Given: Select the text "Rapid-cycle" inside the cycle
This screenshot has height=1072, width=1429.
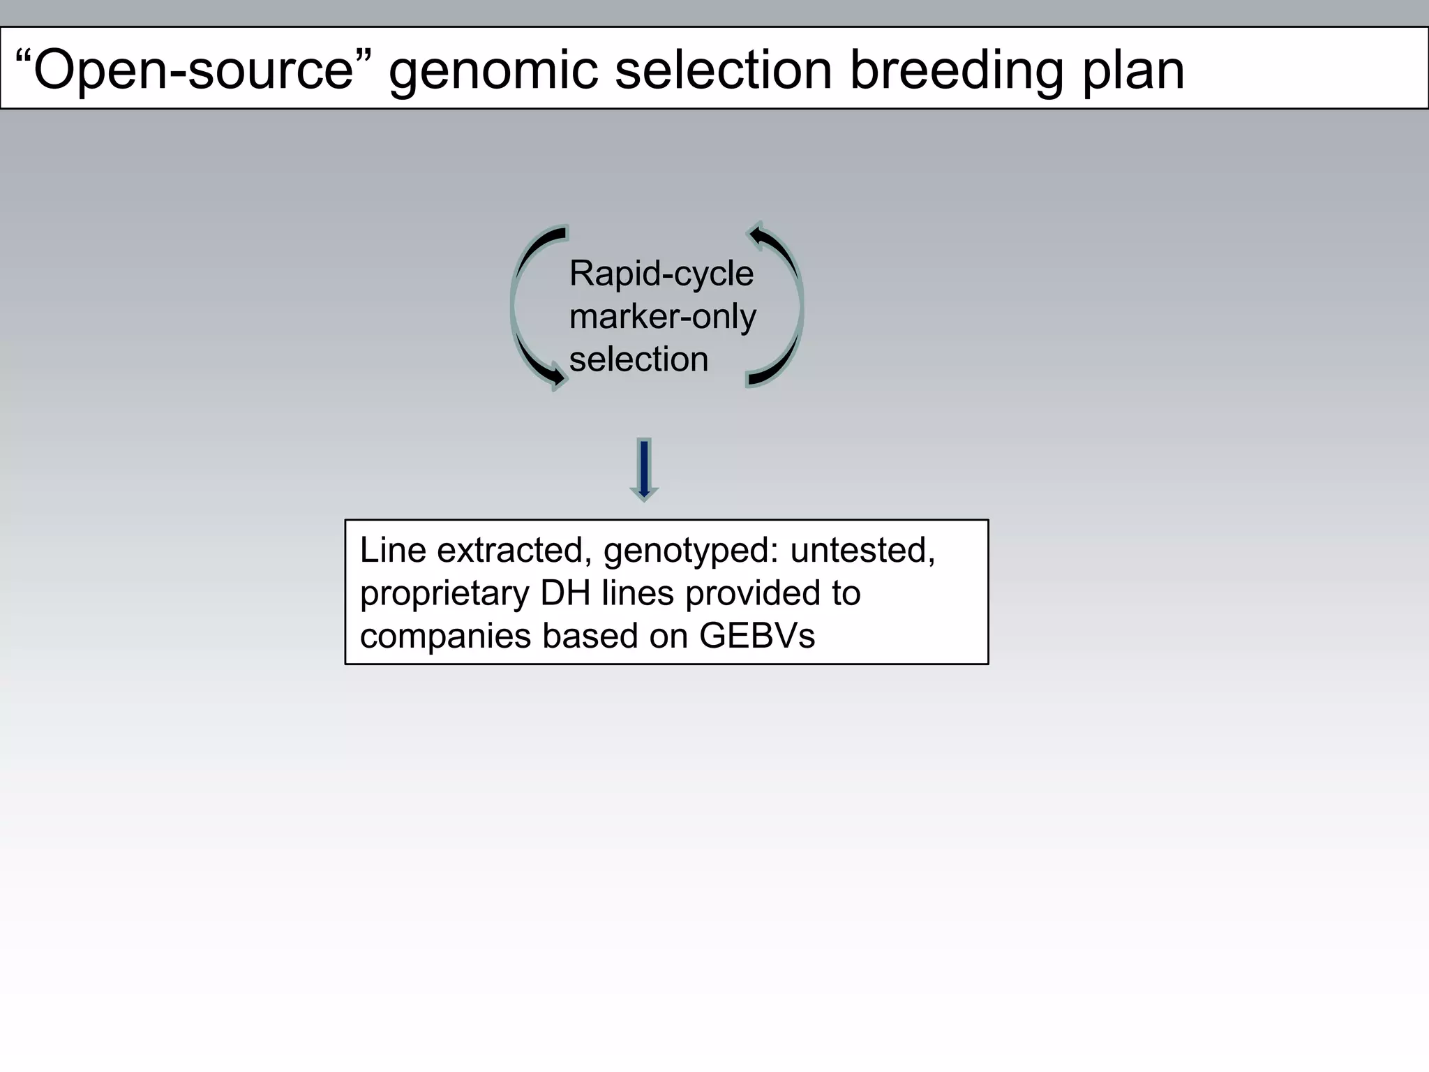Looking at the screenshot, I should coord(661,274).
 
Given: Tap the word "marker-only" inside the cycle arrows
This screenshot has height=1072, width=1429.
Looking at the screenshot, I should coord(662,317).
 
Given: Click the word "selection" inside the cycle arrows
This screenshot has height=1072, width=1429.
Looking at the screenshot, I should coord(638,359).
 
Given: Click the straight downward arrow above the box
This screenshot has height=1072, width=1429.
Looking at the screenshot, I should coord(644,470).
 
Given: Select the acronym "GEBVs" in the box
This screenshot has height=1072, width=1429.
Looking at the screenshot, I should coord(756,636).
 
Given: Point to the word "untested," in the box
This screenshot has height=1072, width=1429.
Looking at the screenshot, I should coord(862,550).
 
